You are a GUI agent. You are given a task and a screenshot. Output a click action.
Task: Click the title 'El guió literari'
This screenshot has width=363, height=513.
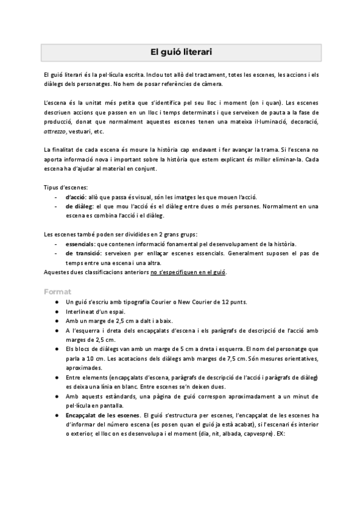pyautogui.click(x=181, y=52)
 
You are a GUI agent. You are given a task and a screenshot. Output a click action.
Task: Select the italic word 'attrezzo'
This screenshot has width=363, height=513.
pyautogui.click(x=56, y=131)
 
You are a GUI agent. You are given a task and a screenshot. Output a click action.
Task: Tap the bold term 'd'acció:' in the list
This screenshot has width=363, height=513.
pyautogui.click(x=76, y=197)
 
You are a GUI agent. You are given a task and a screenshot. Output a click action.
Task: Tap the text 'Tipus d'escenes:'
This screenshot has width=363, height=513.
pyautogui.click(x=67, y=187)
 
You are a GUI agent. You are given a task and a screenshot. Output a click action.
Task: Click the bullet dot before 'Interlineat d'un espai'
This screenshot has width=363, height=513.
pyautogui.click(x=56, y=312)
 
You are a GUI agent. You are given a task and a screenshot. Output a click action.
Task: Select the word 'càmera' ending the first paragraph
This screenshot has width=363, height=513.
pyautogui.click(x=193, y=83)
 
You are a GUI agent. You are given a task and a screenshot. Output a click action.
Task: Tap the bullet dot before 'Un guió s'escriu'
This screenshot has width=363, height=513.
pyautogui.click(x=56, y=302)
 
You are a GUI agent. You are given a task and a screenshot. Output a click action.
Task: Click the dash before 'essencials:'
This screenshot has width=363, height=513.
pyautogui.click(x=56, y=244)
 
